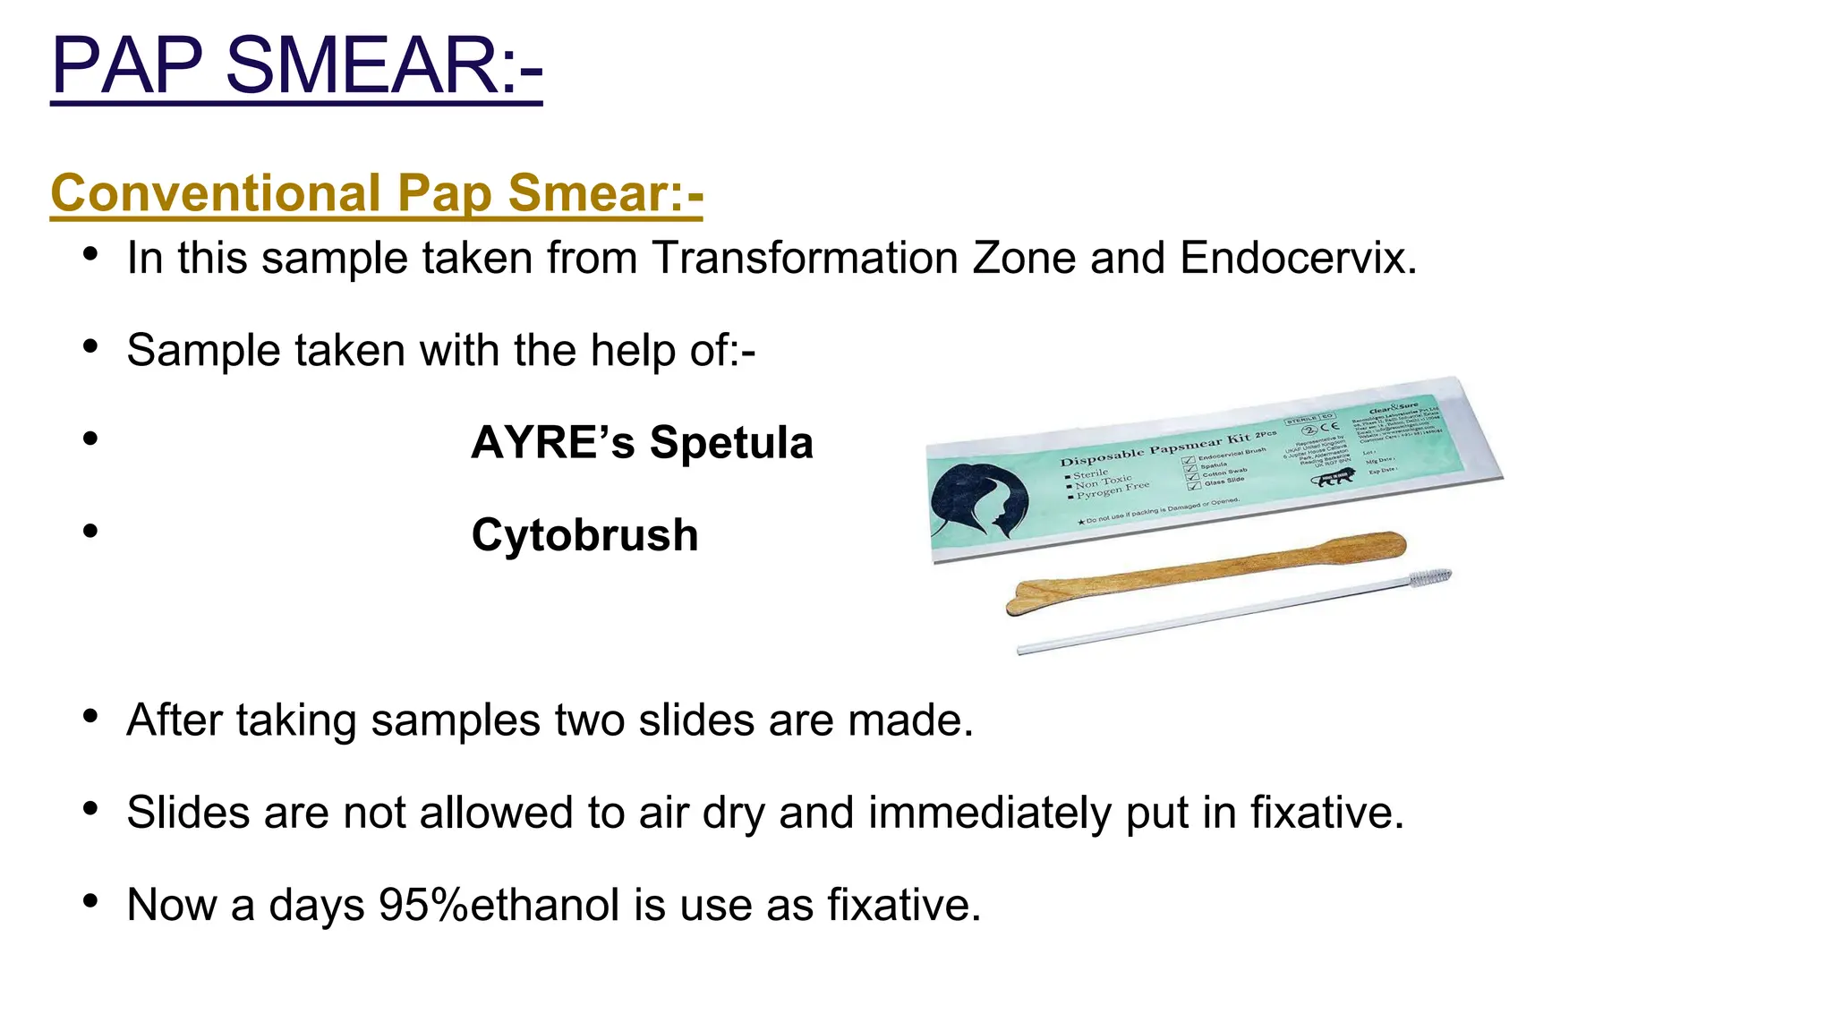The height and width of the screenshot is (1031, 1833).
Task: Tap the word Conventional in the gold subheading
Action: [x=216, y=193]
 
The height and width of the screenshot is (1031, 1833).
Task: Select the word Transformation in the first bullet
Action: [x=805, y=258]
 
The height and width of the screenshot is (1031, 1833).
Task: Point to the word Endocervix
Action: [x=1298, y=258]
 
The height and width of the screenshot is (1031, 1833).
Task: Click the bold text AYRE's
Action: [x=552, y=443]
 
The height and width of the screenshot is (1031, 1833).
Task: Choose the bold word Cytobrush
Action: [x=584, y=535]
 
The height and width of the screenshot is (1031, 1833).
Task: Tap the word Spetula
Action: [x=731, y=443]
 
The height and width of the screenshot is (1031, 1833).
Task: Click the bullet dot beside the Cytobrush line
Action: [x=90, y=531]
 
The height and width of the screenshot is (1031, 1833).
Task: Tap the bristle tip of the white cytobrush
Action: [x=1429, y=577]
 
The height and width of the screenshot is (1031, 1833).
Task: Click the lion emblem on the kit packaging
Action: [x=1334, y=477]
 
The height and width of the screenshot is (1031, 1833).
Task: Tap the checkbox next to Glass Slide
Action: [x=1193, y=485]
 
